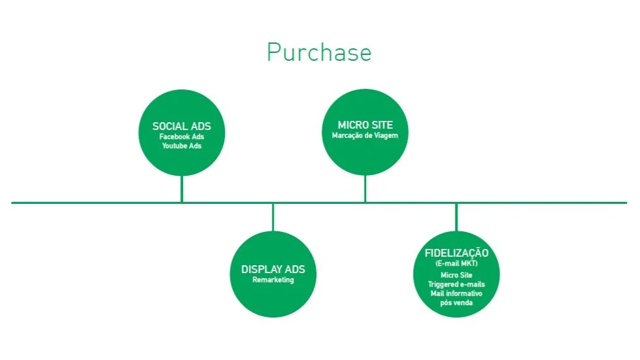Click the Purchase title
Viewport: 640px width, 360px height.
[318, 52]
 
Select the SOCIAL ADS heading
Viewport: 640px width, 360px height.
[182, 126]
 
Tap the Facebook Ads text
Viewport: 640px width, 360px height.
[182, 137]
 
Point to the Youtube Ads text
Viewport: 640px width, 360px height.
[182, 146]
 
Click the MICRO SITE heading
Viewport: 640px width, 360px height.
[365, 125]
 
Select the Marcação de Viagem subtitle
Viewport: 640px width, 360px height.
[365, 135]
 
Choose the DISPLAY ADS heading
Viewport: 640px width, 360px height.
[273, 270]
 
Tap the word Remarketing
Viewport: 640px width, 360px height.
[273, 280]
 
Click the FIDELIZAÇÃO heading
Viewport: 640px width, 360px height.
[456, 254]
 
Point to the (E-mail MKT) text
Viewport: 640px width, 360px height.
[456, 263]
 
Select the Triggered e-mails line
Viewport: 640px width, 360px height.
[456, 284]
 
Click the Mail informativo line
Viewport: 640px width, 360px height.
[456, 293]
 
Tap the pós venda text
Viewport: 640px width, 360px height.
[456, 303]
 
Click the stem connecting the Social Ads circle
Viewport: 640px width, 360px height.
[182, 189]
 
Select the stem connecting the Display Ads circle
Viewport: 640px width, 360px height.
[273, 217]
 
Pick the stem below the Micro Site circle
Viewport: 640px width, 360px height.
[365, 189]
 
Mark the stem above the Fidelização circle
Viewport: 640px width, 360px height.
[456, 217]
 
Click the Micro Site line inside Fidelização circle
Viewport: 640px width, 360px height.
[456, 275]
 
